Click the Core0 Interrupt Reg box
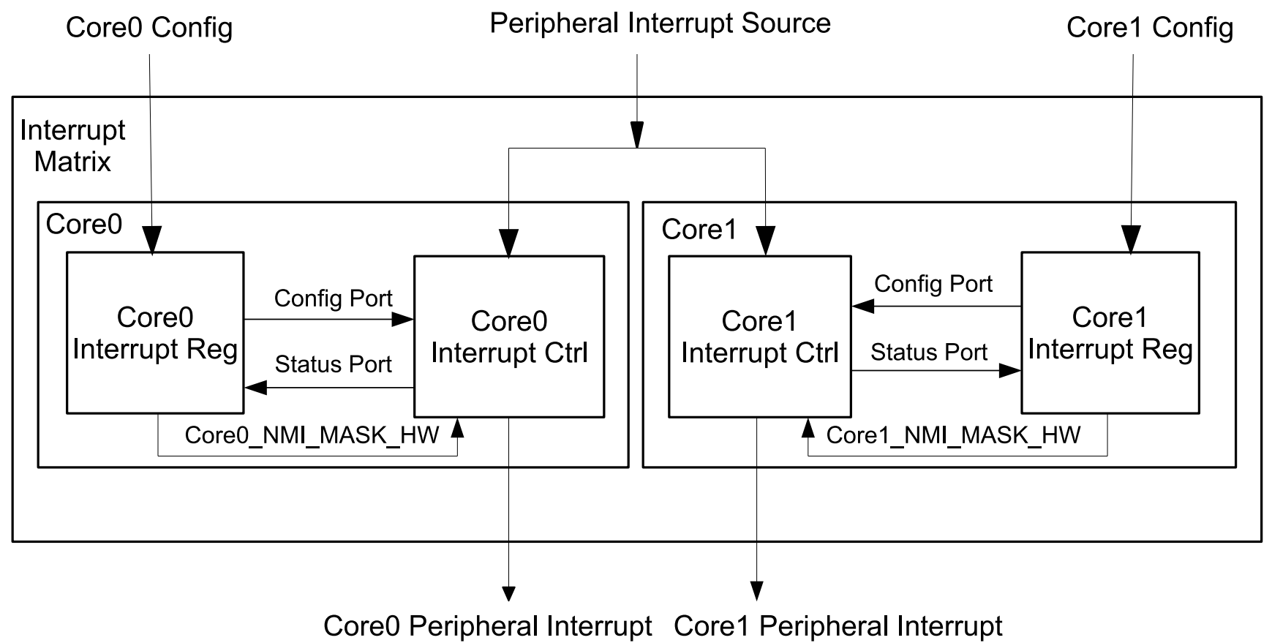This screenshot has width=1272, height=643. coord(155,333)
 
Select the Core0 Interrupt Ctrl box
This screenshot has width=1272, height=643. coord(509,336)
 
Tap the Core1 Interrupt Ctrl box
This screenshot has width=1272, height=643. coord(759,336)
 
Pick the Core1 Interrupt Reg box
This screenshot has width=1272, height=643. coord(1110,333)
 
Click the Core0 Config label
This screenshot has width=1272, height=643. coord(149,28)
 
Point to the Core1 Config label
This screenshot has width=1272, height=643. coord(1150,28)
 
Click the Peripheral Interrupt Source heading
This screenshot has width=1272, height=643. coord(660,23)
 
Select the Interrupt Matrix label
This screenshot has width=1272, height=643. coord(72,146)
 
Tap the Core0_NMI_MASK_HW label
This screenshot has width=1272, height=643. coord(312,435)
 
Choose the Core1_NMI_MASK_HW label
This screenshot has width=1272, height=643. coord(953,435)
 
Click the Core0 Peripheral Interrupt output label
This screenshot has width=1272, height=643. coord(487,626)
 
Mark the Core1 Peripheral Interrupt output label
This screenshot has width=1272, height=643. coord(838,626)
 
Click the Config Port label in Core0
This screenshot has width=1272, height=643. coord(333,298)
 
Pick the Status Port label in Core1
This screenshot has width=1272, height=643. coord(929,353)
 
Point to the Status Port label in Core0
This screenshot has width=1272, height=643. coord(333,364)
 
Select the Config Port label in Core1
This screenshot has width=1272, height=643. coord(933,284)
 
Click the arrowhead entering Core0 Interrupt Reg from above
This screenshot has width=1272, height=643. coord(152,240)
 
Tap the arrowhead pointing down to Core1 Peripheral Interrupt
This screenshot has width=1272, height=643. coord(757,590)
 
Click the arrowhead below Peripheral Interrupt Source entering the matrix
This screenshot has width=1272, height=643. coord(637,135)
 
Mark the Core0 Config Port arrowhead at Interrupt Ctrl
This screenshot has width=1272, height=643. coord(403,319)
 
